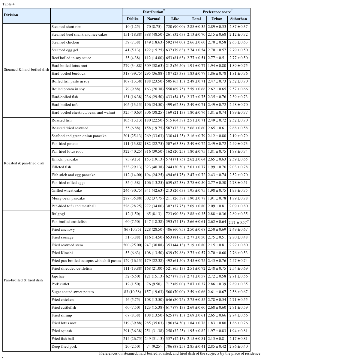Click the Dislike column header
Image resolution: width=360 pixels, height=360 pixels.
pyautogui.click(x=133, y=19)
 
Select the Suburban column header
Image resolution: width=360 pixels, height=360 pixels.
pyautogui.click(x=238, y=19)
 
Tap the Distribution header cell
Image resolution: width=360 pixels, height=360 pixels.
pyautogui.click(x=154, y=12)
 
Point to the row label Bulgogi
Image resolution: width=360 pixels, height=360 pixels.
pyautogui.click(x=58, y=214)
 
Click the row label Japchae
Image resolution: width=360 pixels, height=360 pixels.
pyautogui.click(x=58, y=276)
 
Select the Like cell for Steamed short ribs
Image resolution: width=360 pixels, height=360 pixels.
pyautogui.click(x=175, y=27)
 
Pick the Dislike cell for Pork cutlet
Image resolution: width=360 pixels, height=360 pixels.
pyautogui.click(x=133, y=284)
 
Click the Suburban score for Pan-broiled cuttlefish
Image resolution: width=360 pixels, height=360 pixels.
pyautogui.click(x=238, y=222)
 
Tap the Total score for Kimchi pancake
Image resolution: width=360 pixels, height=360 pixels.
pyautogui.click(x=196, y=159)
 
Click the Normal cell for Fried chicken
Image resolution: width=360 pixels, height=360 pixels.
pyautogui.click(x=154, y=300)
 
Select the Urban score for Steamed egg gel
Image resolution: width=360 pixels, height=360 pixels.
pyautogui.click(x=217, y=50)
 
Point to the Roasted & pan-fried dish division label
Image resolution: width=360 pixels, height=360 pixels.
pyautogui.click(x=24, y=163)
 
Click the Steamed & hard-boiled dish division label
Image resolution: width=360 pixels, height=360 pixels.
pyautogui.click(x=26, y=70)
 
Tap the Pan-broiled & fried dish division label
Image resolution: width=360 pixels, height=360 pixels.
pyautogui.click(x=23, y=280)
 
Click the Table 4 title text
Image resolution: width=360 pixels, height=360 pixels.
pyautogui.click(x=8, y=4)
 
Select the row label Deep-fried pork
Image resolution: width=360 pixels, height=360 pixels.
pyautogui.click(x=64, y=346)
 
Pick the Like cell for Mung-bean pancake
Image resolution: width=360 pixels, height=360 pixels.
pyautogui.click(x=175, y=198)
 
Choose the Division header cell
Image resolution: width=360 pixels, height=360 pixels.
pyautogui.click(x=11, y=15)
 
